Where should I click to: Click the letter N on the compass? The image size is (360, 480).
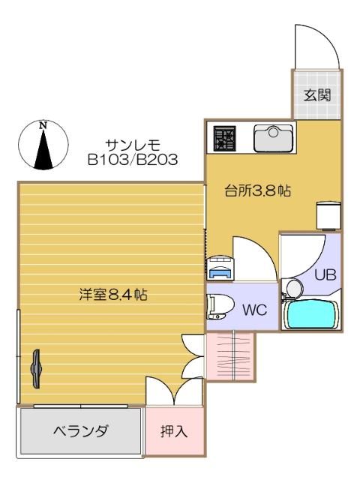[43, 125]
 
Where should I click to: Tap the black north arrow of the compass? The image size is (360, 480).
[43, 150]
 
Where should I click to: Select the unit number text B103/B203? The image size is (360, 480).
[132, 159]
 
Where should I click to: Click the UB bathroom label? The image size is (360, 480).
[325, 274]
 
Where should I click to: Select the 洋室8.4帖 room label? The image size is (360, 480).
[112, 295]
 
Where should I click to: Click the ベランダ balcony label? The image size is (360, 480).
[80, 431]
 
